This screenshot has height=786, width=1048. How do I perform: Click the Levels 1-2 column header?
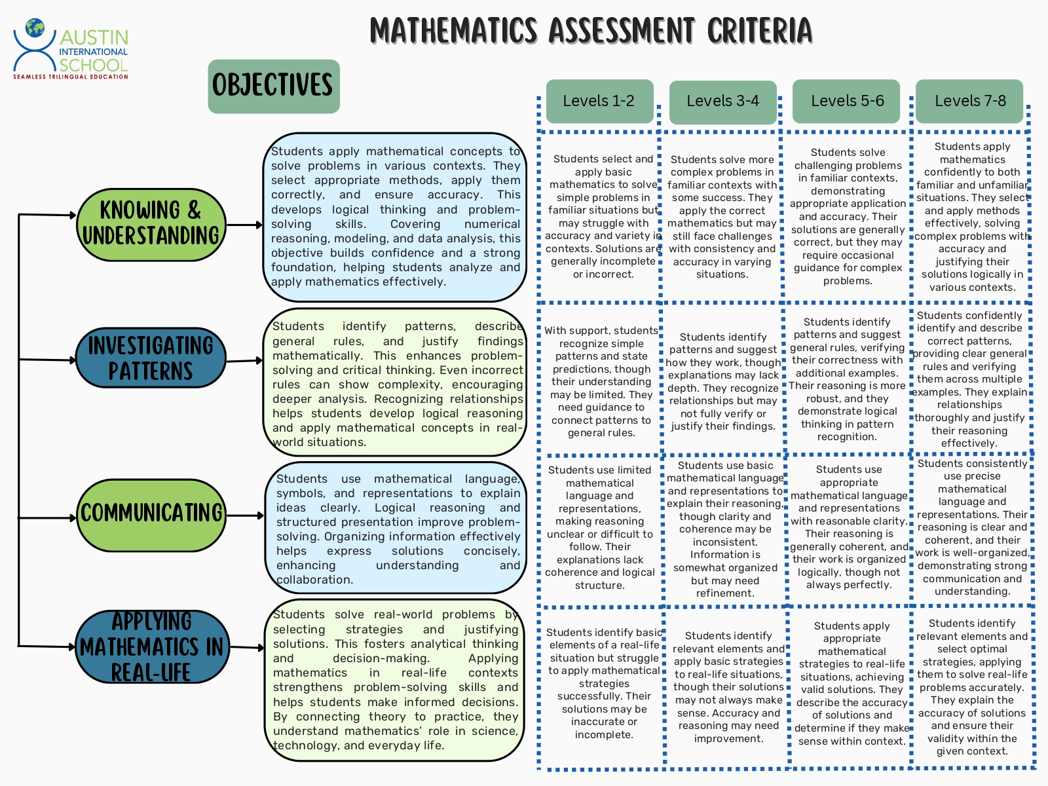click(599, 101)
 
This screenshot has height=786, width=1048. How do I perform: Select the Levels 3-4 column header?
click(722, 102)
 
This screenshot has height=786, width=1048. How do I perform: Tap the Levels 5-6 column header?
click(846, 101)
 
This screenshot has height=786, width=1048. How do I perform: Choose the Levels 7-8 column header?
click(969, 101)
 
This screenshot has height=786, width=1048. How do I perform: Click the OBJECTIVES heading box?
click(274, 86)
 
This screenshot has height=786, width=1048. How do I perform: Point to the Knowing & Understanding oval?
click(151, 224)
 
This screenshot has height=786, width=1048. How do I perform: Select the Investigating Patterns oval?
click(151, 358)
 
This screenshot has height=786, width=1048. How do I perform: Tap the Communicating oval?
click(152, 514)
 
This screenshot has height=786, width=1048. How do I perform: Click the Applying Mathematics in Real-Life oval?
click(151, 646)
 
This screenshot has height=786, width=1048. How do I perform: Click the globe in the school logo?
click(35, 28)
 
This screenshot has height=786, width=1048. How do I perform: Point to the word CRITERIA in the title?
click(759, 31)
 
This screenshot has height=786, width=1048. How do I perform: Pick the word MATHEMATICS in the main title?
click(453, 31)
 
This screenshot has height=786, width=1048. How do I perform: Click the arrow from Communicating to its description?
click(246, 516)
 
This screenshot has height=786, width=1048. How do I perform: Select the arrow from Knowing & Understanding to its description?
click(245, 225)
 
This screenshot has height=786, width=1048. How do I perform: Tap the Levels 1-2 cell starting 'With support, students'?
click(601, 381)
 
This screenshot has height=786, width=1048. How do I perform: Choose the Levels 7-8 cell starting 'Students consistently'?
click(972, 527)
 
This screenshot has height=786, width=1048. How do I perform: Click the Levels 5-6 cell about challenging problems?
click(848, 217)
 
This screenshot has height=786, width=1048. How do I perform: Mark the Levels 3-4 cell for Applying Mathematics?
click(728, 686)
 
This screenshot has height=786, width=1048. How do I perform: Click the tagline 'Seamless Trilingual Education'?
click(71, 77)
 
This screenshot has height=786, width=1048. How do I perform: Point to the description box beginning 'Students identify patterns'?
click(395, 383)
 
